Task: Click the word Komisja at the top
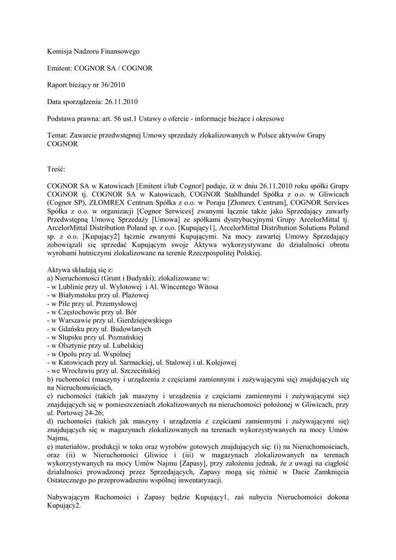tap(60, 51)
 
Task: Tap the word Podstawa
tap(62, 118)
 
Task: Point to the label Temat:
tap(57, 135)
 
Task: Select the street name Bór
tap(131, 312)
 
